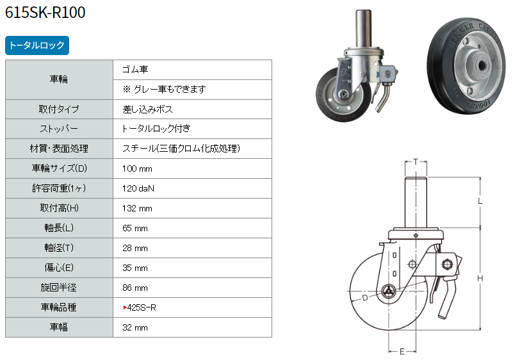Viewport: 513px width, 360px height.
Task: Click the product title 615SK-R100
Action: click(x=45, y=12)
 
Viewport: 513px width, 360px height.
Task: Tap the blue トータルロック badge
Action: click(x=37, y=45)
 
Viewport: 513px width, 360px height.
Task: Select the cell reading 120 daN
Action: click(x=138, y=188)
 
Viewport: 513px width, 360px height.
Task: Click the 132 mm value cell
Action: click(x=137, y=208)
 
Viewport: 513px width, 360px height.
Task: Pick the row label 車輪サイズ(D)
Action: click(x=59, y=168)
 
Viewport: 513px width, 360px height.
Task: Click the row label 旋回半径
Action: click(x=58, y=288)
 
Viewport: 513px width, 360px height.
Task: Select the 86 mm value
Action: click(x=134, y=288)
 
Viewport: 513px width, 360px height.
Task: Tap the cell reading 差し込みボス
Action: click(x=147, y=110)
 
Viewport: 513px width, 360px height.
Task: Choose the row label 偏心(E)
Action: click(x=59, y=268)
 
